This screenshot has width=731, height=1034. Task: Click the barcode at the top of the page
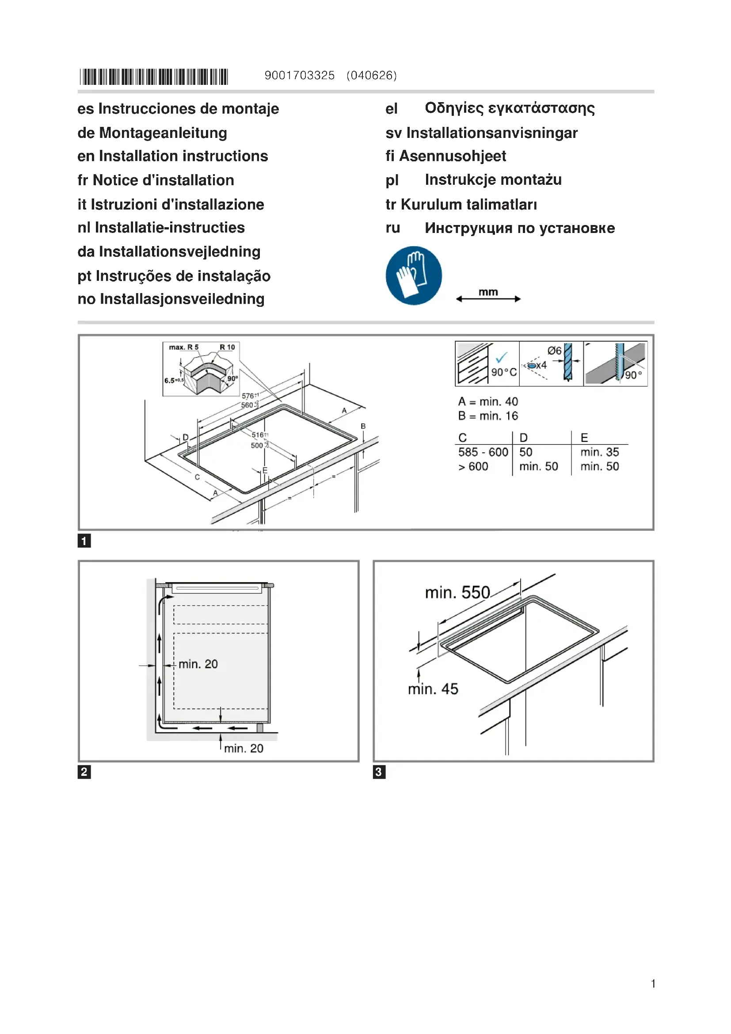[x=153, y=76]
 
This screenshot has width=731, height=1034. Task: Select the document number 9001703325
[x=299, y=75]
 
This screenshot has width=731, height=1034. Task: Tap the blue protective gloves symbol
[x=414, y=275]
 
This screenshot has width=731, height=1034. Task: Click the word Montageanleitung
[x=163, y=133]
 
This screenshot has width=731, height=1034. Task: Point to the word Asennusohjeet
[x=453, y=156]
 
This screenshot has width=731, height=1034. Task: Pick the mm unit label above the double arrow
[x=488, y=292]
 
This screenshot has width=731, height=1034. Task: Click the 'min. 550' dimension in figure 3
[x=457, y=592]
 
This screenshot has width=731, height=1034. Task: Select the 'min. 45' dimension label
[x=433, y=689]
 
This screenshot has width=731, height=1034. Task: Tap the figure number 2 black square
[x=84, y=772]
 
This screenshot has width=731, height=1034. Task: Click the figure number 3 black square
[x=379, y=772]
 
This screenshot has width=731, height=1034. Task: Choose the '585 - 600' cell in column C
[x=483, y=452]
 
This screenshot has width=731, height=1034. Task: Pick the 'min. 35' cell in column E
[x=600, y=452]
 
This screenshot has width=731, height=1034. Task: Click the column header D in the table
[x=523, y=437]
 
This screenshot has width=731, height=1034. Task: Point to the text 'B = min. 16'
[x=488, y=416]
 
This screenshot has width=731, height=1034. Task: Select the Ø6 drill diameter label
[x=554, y=351]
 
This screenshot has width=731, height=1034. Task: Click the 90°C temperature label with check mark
[x=504, y=372]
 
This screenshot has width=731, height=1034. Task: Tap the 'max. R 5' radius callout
[x=184, y=347]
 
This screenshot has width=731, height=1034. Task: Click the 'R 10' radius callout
[x=227, y=347]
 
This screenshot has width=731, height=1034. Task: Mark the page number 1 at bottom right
[x=653, y=984]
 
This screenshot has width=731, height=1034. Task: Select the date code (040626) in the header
[x=372, y=75]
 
